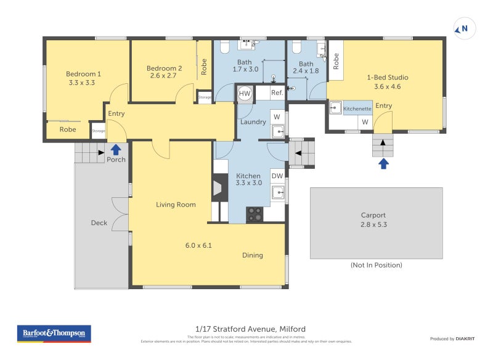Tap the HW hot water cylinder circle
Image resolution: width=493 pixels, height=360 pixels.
(x=245, y=93)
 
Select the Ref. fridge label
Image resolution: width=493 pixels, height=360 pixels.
(x=277, y=93)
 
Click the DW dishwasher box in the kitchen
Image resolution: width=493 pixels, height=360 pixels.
(x=277, y=176)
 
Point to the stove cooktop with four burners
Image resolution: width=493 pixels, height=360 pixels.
(x=255, y=214)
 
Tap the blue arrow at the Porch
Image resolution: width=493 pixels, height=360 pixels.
(x=115, y=149)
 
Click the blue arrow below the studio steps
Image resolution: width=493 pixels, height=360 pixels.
(x=383, y=163)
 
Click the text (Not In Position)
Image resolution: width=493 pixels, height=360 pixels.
(x=376, y=265)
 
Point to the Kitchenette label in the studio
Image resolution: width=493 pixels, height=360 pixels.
(x=357, y=108)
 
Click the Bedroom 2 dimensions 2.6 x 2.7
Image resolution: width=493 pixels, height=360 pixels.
(x=163, y=76)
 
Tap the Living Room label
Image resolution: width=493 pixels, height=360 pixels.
(x=176, y=205)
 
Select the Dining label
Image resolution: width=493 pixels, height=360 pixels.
(x=253, y=255)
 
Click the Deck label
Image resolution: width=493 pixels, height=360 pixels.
(x=99, y=223)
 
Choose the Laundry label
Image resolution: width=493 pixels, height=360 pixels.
(x=253, y=122)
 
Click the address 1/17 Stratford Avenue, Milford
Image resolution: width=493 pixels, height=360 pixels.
(x=246, y=329)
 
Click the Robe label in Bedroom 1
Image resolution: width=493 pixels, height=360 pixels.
(x=68, y=129)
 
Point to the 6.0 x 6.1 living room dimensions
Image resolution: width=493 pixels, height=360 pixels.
(x=198, y=245)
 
